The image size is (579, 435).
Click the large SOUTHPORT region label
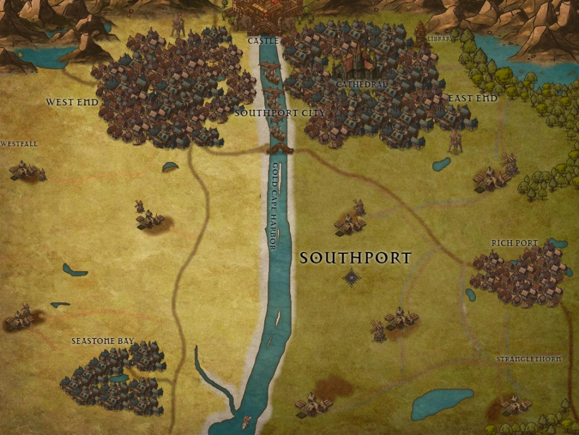coord(355,257)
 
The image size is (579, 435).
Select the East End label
coord(473,98)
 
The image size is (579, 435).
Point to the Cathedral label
coord(361,84)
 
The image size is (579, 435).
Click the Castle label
coord(263,41)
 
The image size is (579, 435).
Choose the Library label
coord(438,39)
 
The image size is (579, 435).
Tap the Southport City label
coord(280,113)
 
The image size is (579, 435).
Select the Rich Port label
coord(514,242)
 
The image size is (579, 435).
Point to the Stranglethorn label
coord(528,359)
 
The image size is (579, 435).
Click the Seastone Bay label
coord(102,341)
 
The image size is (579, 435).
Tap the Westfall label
coord(19,144)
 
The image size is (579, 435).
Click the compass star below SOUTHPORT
coord(352,277)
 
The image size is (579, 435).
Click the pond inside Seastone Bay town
coord(118,378)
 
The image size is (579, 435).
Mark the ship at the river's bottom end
coord(247,422)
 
